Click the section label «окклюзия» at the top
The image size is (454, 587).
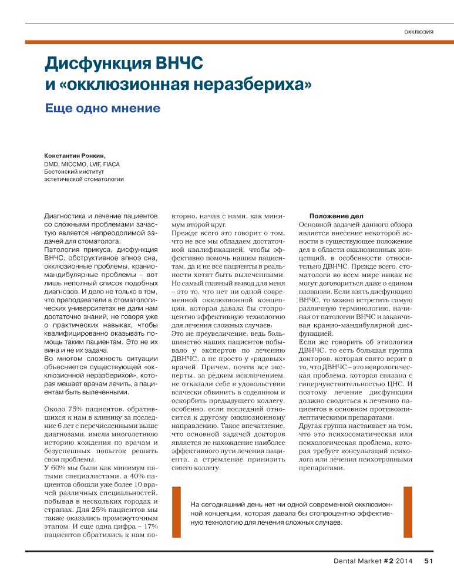click(x=419, y=31)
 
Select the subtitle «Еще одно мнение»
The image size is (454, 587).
click(x=103, y=109)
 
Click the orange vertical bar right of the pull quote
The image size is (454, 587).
click(x=407, y=512)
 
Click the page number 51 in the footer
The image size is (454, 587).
click(x=428, y=562)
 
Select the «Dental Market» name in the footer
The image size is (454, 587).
click(x=357, y=562)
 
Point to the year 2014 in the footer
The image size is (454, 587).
click(x=405, y=562)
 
